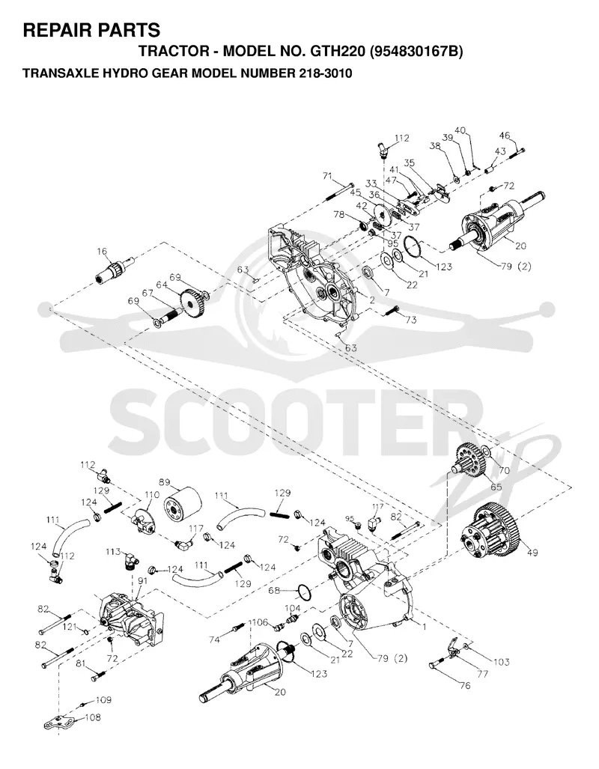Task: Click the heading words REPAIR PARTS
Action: [92, 31]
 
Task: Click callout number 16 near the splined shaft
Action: [102, 252]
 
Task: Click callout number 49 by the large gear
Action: [532, 553]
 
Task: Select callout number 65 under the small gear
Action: [496, 487]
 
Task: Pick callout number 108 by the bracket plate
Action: [93, 717]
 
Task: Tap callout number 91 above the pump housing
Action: [143, 581]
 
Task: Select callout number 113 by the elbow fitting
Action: [113, 552]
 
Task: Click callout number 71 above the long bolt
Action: [328, 176]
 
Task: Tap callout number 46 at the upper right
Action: [505, 136]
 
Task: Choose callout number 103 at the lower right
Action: [502, 662]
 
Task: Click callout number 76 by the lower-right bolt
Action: [465, 685]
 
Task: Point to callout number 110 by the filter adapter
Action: [152, 495]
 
